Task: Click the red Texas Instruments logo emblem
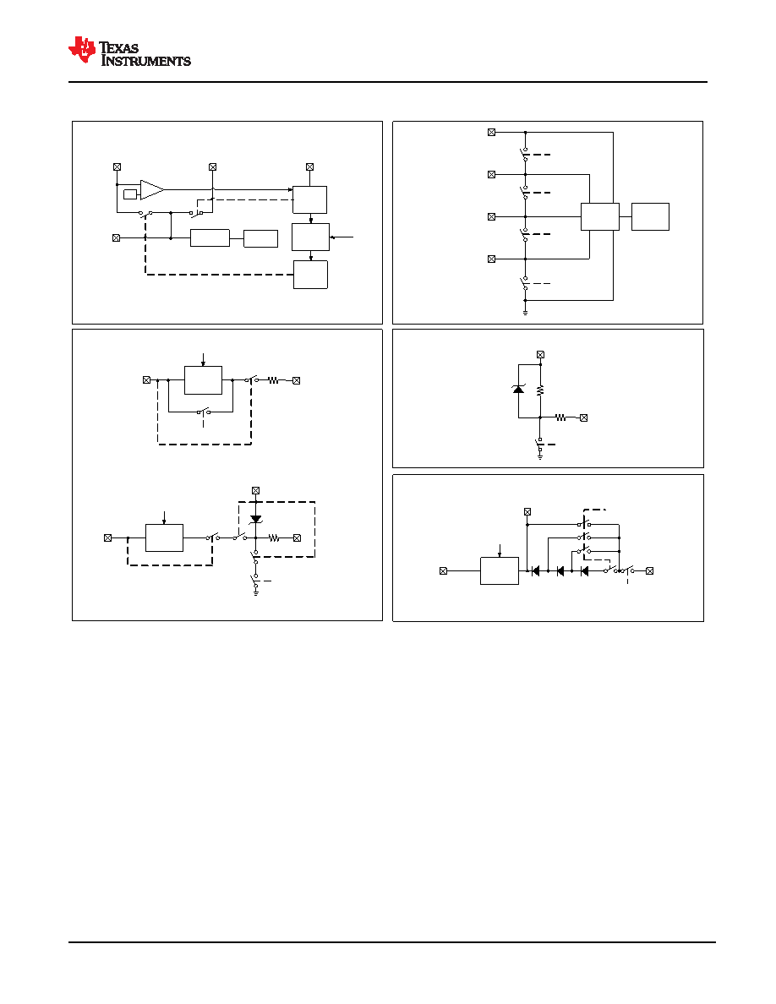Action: tap(82, 50)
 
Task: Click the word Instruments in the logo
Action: tap(146, 62)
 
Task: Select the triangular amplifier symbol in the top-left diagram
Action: tap(152, 189)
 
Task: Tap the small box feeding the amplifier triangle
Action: tap(130, 194)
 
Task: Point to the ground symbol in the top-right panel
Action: tap(525, 312)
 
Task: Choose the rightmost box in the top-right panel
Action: tap(651, 216)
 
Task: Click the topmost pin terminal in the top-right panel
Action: tap(492, 133)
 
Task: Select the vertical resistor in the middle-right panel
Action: tap(540, 390)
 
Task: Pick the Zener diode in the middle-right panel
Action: tap(519, 388)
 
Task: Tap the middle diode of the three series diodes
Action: tap(560, 570)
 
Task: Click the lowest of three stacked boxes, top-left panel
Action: tap(310, 275)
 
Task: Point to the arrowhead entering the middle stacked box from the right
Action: tap(331, 237)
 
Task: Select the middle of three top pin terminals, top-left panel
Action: tap(212, 167)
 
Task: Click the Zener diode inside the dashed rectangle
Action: tap(256, 519)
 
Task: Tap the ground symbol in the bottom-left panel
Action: tap(255, 592)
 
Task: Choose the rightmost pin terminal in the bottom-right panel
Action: tap(650, 570)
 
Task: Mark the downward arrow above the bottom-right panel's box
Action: tap(500, 551)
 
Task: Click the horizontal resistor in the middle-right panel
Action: tap(561, 417)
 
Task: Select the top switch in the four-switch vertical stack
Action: tap(525, 155)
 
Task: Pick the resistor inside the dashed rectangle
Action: tap(274, 537)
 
